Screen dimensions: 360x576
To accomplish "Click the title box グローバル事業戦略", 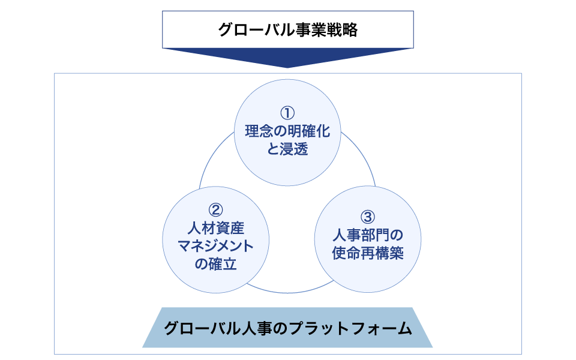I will (287, 29).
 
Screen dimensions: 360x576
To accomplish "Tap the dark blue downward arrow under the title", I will (287, 57).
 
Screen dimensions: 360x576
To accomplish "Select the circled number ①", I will (288, 112).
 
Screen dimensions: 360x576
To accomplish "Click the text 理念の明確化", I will (288, 131).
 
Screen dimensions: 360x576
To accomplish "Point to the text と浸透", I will (288, 149).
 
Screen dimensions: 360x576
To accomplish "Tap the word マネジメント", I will (216, 246).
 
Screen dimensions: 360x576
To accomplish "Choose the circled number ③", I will (368, 216).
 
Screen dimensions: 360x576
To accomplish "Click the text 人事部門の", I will (368, 235).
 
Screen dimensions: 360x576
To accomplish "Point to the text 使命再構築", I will (368, 253).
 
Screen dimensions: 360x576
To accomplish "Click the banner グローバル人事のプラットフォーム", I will (287, 328).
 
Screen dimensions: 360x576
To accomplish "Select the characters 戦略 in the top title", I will (343, 29).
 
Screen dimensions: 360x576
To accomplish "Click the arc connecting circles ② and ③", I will (288, 291).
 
